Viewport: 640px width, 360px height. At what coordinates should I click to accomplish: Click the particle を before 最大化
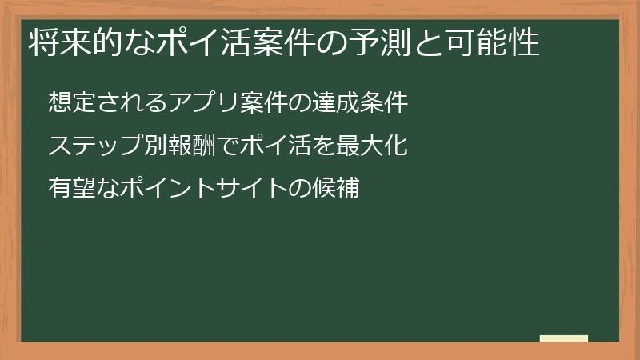coord(326,146)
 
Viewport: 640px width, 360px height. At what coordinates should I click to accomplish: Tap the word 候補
coord(338,190)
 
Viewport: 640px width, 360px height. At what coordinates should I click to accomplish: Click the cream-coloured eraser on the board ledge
coord(564,338)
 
